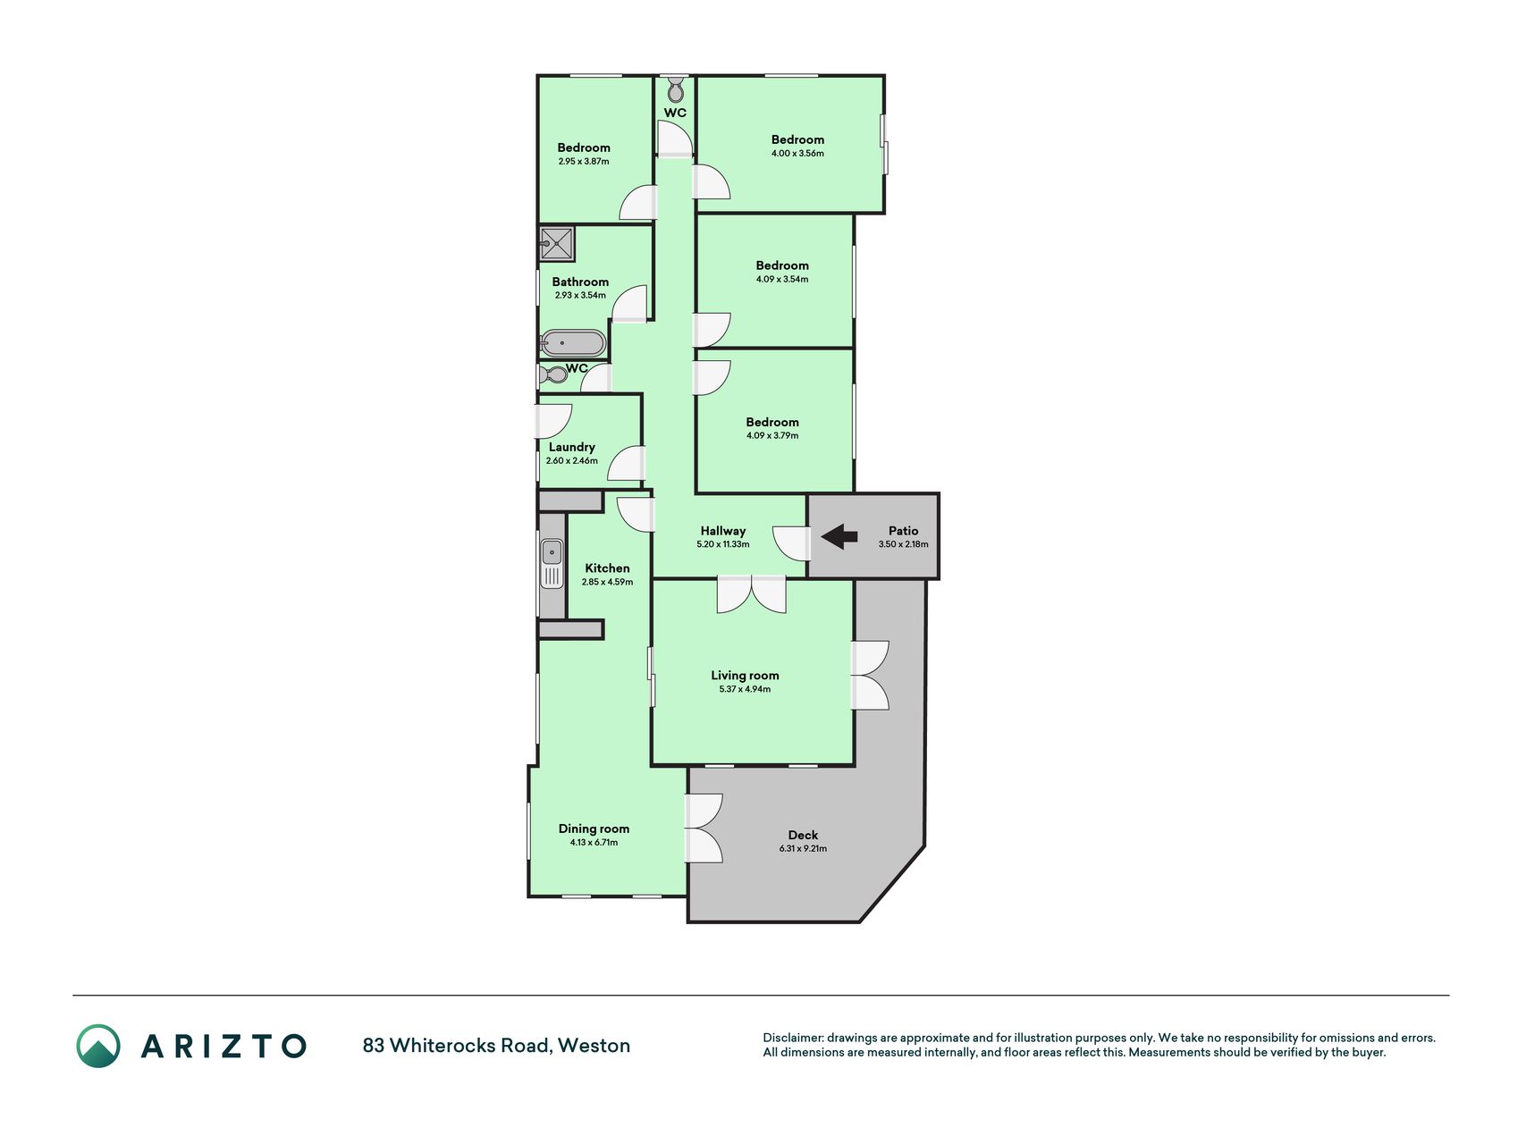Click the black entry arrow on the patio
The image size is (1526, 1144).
point(839,537)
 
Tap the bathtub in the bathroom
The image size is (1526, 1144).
point(573,343)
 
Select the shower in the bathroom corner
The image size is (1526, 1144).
point(556,244)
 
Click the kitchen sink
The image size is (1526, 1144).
point(552,564)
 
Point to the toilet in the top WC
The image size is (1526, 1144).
point(676,88)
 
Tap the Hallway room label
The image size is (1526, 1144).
point(722,531)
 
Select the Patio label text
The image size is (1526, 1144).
point(903,531)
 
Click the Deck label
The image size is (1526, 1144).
point(803,836)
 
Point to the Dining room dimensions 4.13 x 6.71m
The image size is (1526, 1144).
point(594,842)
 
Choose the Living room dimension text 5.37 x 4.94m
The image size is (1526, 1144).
point(745,689)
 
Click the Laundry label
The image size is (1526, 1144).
point(572,447)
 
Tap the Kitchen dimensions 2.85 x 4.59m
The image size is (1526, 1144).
point(607,582)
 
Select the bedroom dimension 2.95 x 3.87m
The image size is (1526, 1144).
point(584,162)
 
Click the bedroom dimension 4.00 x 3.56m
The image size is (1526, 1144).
point(797,154)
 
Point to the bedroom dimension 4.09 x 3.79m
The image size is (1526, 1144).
point(772,436)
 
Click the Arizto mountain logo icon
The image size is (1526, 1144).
point(98,1046)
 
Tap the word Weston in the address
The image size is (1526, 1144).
point(594,1046)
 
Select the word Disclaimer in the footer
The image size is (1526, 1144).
point(793,1038)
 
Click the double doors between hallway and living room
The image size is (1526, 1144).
point(752,594)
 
